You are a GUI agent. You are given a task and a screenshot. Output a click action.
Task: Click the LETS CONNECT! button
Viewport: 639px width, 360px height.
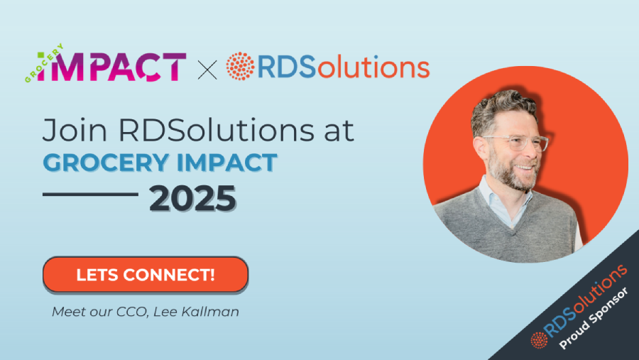(146, 274)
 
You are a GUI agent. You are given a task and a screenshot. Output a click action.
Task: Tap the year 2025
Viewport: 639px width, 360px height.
(192, 199)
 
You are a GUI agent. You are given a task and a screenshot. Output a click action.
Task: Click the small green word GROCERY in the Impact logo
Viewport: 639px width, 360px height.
(43, 62)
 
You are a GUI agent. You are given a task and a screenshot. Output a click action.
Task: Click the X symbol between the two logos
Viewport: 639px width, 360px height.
(207, 70)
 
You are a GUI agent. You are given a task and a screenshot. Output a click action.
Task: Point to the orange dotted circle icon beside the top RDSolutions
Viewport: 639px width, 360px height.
(240, 66)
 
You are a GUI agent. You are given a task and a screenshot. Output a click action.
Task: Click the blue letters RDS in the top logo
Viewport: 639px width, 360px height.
(287, 67)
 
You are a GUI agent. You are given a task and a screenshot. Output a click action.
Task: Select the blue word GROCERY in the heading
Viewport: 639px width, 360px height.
(106, 163)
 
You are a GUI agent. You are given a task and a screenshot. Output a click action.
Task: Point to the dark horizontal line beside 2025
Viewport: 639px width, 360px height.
(90, 194)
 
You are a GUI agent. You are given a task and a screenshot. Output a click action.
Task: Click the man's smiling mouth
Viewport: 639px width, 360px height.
(525, 168)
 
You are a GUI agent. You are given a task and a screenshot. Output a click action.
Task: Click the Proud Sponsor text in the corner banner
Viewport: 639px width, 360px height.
(594, 318)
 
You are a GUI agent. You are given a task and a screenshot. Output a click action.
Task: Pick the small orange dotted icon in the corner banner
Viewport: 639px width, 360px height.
(539, 340)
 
